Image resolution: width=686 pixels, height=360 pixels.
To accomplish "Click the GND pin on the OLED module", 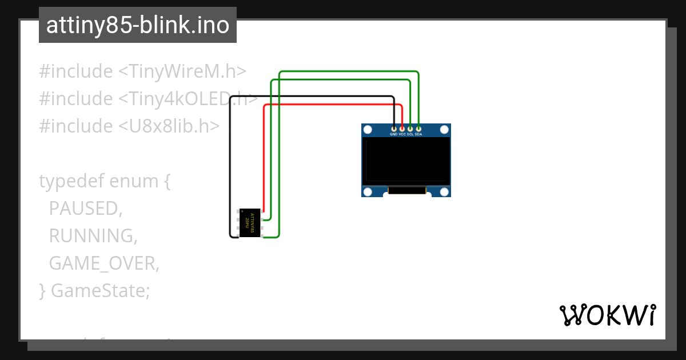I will coord(393,129).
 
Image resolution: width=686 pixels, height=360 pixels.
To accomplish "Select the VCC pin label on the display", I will coord(402,134).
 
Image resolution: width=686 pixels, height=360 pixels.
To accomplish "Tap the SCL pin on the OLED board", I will coord(410,129).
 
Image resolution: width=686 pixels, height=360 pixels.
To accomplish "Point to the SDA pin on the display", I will coord(418,129).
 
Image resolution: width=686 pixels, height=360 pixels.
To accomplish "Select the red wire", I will coord(332,105).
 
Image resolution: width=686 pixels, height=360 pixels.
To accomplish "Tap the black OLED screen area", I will coord(406,161).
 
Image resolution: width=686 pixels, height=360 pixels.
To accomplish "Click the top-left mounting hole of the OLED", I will coord(368,130).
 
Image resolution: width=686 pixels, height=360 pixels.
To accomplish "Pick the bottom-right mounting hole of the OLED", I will coord(444,191).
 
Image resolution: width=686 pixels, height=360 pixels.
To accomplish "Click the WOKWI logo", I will coord(607,315).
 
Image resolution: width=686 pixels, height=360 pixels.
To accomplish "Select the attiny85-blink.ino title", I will coord(137,25).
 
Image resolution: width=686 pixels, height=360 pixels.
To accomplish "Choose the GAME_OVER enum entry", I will coord(103,263).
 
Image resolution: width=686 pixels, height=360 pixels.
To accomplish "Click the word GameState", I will coord(100,290).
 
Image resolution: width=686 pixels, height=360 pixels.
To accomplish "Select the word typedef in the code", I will coord(72,181).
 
